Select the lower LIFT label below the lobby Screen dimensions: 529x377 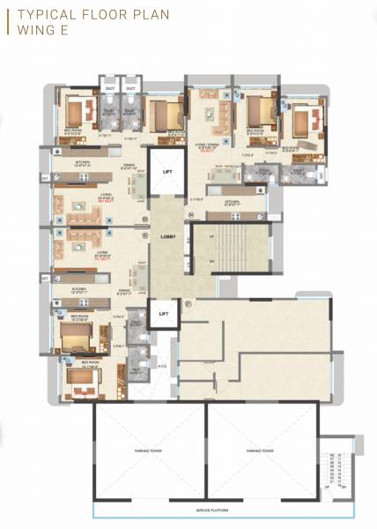[163, 314]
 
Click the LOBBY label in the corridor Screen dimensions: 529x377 [168, 238]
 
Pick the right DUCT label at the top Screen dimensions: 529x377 [130, 87]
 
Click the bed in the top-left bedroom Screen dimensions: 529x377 [76, 112]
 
